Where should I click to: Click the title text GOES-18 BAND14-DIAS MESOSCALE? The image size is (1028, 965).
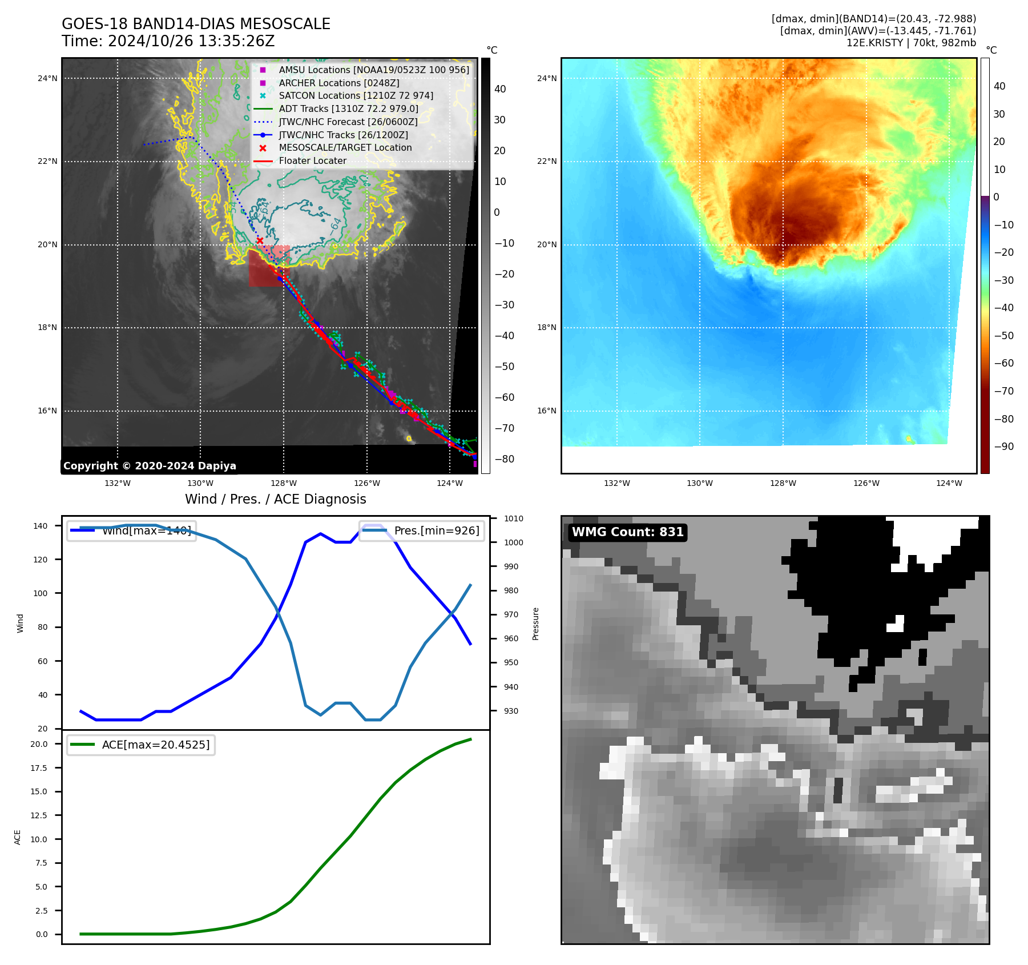[196, 24]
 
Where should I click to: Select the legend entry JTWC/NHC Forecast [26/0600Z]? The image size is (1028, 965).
[348, 122]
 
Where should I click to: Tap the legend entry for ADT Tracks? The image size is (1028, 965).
[348, 108]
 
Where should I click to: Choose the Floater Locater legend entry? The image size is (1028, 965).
[312, 160]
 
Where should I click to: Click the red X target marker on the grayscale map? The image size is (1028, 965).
[260, 240]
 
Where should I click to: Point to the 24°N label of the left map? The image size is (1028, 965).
[48, 78]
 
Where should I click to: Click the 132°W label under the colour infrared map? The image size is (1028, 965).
[617, 483]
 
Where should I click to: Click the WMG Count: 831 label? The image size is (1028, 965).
[627, 532]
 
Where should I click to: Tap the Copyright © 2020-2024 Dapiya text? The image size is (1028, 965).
[150, 466]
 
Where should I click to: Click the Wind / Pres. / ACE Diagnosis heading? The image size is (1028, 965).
[275, 499]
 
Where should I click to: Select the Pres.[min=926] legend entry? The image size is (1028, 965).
[436, 530]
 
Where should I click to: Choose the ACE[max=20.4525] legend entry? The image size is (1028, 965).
[155, 745]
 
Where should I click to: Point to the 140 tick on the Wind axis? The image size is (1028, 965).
[41, 526]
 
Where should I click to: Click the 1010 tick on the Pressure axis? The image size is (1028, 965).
[513, 518]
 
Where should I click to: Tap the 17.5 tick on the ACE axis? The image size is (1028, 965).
[39, 768]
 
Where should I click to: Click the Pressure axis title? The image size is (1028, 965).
[535, 624]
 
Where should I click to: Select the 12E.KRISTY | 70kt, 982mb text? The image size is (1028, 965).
[911, 43]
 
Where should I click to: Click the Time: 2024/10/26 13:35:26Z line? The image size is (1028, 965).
[168, 41]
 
